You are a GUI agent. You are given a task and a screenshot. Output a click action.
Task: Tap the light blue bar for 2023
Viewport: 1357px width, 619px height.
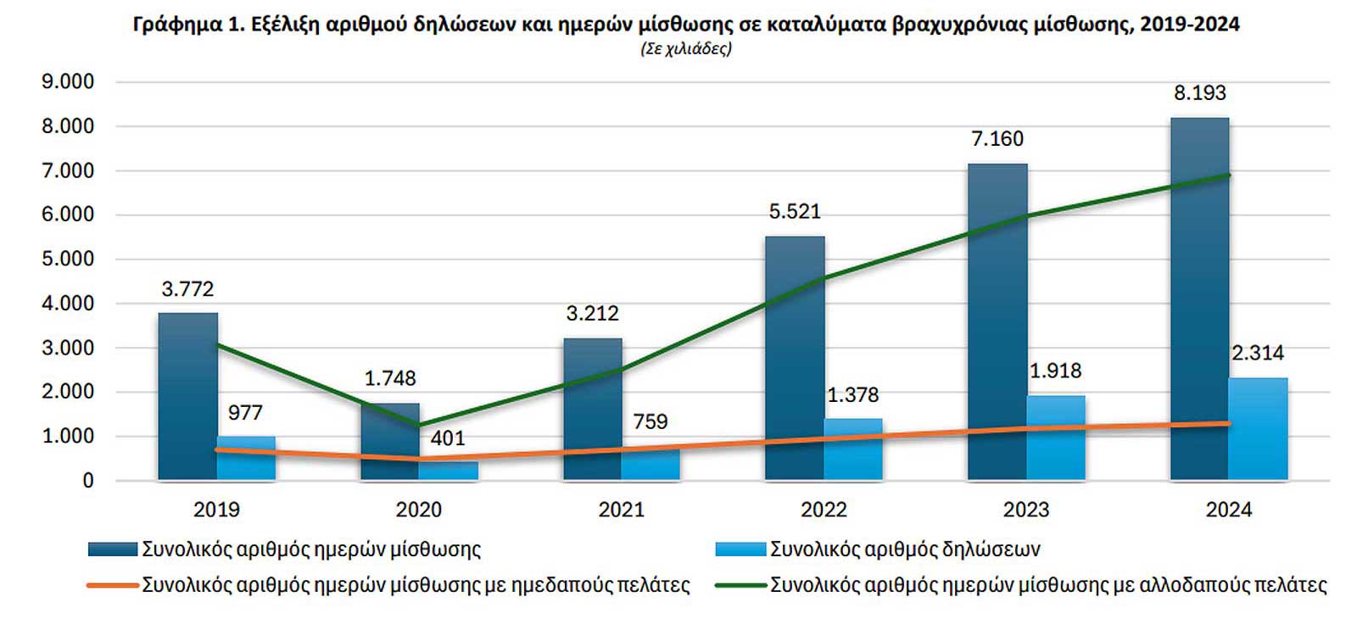(1056, 438)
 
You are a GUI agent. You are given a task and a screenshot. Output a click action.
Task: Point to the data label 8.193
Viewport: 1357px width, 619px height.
(1199, 93)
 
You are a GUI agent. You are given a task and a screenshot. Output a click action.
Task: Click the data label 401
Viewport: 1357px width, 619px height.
(448, 438)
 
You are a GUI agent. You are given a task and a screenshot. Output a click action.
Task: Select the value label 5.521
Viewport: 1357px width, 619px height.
(795, 211)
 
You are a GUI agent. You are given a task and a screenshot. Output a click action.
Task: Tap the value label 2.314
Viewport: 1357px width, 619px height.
(1258, 353)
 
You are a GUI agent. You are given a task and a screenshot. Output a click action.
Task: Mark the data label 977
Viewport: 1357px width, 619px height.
(245, 413)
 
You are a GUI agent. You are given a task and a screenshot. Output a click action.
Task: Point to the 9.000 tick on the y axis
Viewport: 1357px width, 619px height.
(68, 82)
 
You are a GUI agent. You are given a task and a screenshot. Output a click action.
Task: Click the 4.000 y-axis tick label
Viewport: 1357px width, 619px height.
(68, 304)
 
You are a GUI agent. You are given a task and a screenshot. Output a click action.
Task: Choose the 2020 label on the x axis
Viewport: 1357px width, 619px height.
(419, 510)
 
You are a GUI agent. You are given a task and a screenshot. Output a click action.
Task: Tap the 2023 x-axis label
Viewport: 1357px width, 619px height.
(1026, 510)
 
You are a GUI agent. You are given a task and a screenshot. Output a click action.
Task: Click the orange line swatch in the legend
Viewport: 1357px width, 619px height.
(113, 585)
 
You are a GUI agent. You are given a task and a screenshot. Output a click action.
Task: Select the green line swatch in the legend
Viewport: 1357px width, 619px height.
(741, 585)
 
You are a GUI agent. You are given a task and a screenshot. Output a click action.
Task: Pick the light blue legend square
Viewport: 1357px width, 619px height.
(741, 549)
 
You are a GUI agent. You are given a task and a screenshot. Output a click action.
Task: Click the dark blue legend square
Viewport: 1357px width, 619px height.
(113, 549)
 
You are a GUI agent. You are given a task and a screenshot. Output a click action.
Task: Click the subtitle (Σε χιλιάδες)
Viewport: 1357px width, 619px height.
(686, 48)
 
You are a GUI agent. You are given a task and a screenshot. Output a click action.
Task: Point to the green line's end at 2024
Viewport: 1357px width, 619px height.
(1229, 176)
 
